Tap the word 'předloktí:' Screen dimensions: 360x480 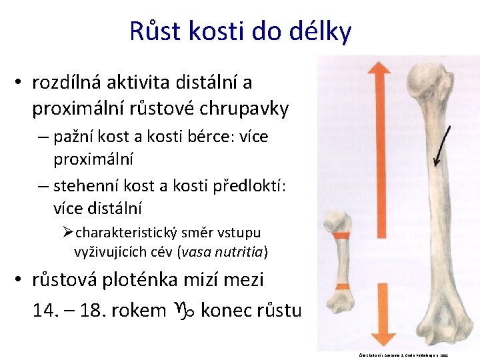(x=239, y=185)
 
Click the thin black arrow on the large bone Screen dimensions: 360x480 (x=441, y=143)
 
